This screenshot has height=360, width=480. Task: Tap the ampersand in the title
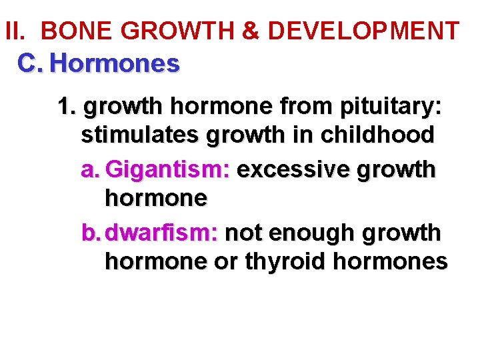coord(250,31)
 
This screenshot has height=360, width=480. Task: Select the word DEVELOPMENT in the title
coord(363,31)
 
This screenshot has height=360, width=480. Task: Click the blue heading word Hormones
coord(115,64)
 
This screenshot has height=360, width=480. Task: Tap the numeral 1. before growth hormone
coord(67,106)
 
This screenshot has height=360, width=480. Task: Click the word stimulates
coord(141,135)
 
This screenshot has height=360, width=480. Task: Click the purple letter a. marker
coord(90,170)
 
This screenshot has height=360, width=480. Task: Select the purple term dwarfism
coord(163,233)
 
